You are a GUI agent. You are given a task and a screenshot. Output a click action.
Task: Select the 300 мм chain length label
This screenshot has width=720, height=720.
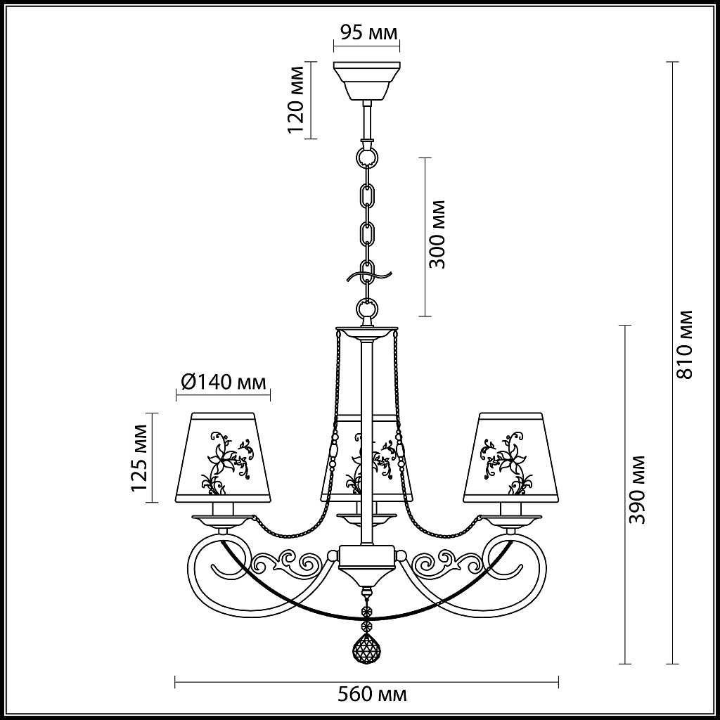coord(438,234)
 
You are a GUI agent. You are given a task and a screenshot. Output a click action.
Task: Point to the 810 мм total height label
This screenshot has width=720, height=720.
coord(683,344)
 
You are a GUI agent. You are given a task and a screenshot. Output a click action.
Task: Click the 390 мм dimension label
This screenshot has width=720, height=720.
coord(636,489)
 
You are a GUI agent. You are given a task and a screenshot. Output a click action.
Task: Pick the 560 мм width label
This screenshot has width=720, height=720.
coord(373,695)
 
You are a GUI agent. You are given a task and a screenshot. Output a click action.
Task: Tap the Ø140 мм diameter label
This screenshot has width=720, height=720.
coord(223,382)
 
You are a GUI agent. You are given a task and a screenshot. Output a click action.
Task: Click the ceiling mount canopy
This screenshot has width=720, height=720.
coord(366,80)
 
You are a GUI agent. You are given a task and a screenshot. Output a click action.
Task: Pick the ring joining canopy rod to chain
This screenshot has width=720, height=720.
coord(366,153)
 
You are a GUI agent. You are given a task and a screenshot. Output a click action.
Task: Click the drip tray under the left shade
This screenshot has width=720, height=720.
coord(223,520)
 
